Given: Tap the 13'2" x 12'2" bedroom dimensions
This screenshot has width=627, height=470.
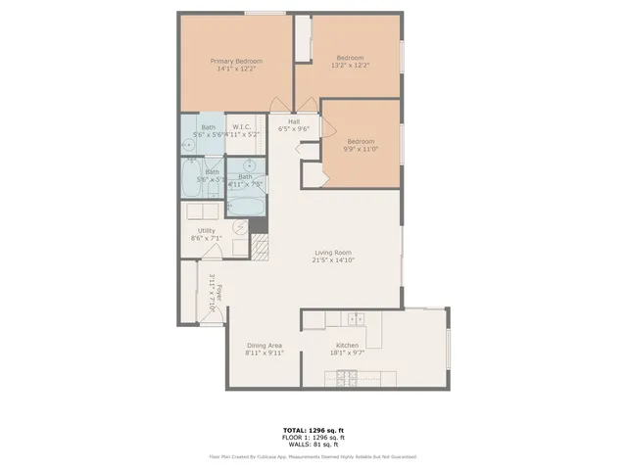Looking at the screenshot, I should click(x=350, y=66).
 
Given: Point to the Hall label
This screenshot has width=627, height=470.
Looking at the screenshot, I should click(x=294, y=121).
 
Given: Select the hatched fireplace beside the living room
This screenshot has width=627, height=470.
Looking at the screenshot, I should click(x=260, y=245).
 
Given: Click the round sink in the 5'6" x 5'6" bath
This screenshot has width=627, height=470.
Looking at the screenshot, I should click(x=187, y=145).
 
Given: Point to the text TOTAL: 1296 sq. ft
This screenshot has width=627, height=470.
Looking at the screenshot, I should click(x=313, y=430).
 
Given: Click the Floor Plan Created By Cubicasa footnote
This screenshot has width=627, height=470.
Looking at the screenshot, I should click(x=313, y=456).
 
